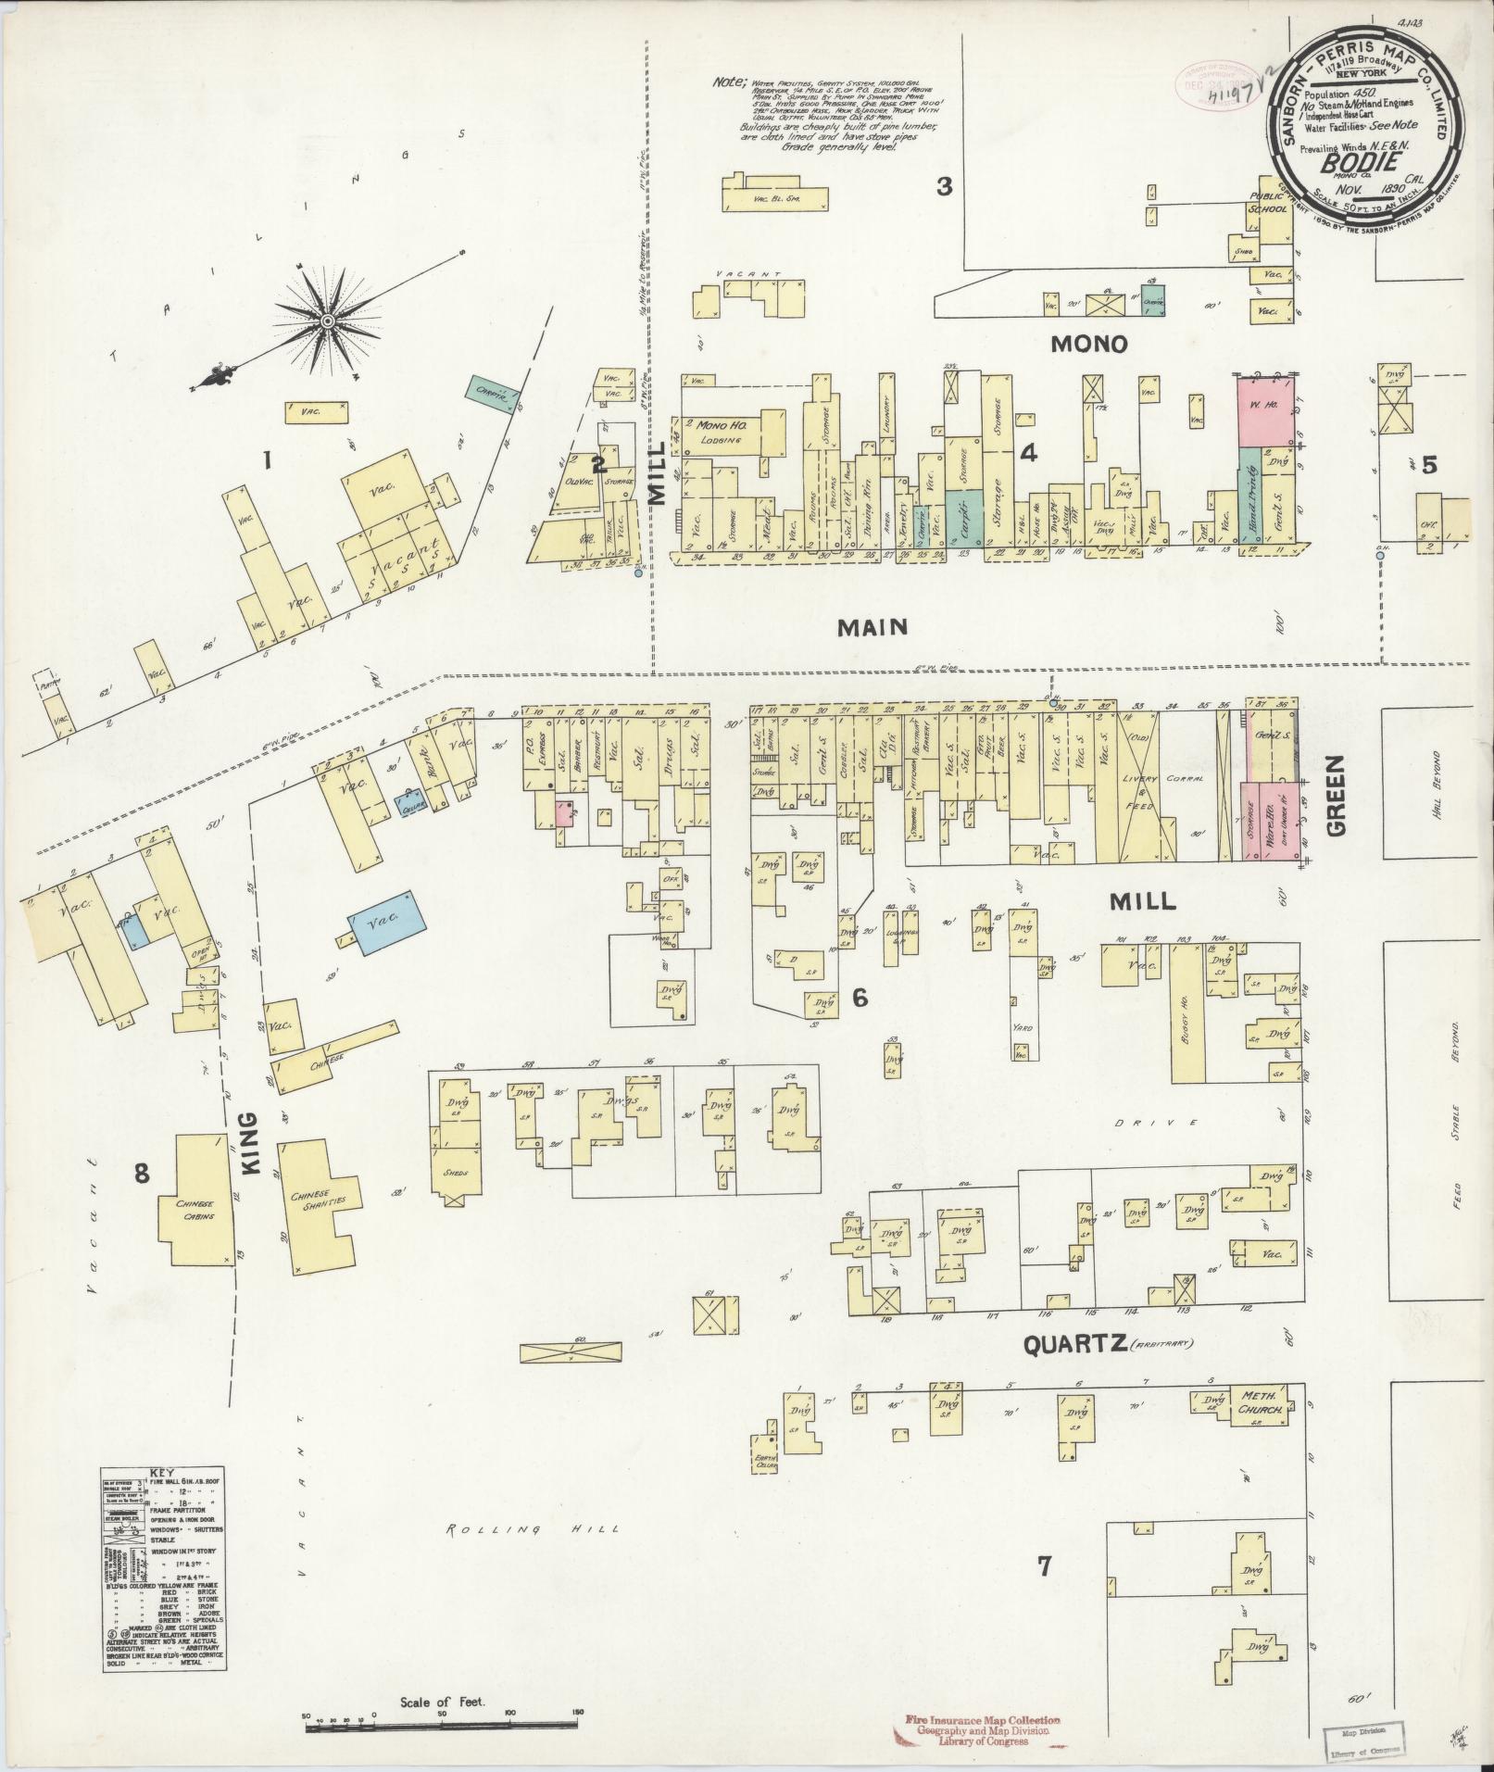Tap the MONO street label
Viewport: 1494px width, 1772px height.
coord(1089,345)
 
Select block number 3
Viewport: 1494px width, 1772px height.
coord(943,186)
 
